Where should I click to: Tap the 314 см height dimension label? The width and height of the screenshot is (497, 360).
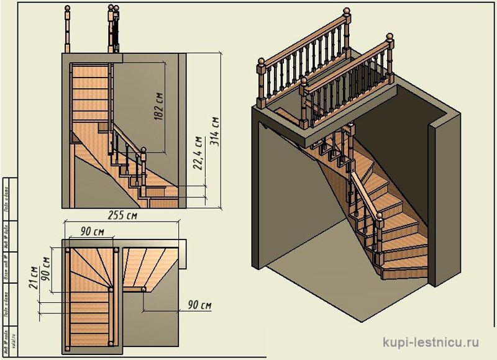coord(215,130)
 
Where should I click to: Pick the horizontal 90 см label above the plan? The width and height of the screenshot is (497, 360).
coord(91,232)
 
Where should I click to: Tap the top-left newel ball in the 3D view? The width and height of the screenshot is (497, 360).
coord(262,61)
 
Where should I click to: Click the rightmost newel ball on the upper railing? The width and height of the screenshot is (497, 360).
coord(391,39)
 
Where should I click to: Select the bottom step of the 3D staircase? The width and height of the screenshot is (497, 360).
coord(404,272)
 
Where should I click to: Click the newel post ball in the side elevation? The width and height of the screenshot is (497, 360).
coord(144,150)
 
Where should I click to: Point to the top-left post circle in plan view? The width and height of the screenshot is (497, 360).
coord(67,251)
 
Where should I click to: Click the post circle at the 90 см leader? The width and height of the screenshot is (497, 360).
coord(143,289)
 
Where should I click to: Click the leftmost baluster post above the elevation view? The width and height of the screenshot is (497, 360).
coord(66,28)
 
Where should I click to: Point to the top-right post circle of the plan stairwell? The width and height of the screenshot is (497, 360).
coord(117,251)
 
